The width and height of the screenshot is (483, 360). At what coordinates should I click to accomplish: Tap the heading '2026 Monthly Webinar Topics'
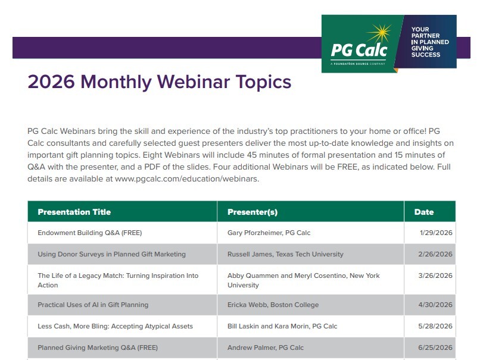click(x=160, y=82)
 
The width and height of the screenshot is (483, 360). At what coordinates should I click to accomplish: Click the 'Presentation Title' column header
click(x=74, y=212)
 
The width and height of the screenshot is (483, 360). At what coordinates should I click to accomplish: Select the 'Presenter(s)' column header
click(x=253, y=212)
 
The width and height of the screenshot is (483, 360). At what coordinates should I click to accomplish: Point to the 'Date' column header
click(x=424, y=212)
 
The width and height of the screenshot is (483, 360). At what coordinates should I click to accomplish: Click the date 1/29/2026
click(x=436, y=233)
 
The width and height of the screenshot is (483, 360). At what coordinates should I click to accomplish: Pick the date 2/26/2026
click(x=435, y=254)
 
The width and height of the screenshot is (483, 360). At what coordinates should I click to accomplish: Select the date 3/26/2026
click(x=435, y=276)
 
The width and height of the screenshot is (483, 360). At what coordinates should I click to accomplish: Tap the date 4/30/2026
click(x=435, y=305)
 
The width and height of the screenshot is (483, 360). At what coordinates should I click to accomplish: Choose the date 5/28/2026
click(x=435, y=326)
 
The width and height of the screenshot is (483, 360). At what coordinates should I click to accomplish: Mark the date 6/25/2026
click(x=435, y=348)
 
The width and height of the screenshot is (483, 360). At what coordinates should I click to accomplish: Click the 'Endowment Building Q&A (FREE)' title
click(x=90, y=233)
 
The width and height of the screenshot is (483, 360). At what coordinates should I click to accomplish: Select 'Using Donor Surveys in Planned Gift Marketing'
click(x=112, y=254)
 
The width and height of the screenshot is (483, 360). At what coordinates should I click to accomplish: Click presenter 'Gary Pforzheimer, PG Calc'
click(x=269, y=233)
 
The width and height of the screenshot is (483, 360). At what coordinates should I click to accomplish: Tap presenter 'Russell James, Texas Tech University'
click(x=285, y=254)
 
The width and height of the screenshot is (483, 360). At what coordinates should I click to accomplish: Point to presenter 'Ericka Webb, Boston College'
click(x=273, y=305)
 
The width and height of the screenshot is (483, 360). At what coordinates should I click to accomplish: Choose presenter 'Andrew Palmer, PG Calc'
click(x=266, y=348)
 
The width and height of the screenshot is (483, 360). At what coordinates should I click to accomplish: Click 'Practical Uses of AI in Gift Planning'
click(x=93, y=305)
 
